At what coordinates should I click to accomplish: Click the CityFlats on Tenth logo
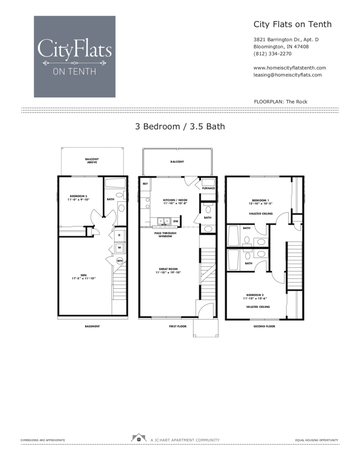coord(74,57)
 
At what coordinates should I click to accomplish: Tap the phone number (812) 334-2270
coord(272,54)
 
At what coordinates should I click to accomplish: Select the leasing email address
coord(287,75)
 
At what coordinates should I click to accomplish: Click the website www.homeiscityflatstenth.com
coord(289,68)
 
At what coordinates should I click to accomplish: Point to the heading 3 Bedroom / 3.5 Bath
coord(180,126)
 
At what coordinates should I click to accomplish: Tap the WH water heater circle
coord(120,261)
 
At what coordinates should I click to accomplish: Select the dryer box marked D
coord(119,235)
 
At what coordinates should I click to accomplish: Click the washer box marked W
coord(119,248)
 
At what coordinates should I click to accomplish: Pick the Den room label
coord(83,275)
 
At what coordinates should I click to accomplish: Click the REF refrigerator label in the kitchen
coord(145,184)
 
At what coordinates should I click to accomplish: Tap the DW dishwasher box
coord(176,221)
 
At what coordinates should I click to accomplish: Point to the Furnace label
coord(208,188)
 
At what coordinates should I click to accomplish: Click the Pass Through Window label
coord(165,235)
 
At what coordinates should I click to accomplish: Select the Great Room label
coord(168,269)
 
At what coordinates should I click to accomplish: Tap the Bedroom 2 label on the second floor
coord(255,295)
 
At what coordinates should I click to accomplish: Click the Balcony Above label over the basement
coord(92,161)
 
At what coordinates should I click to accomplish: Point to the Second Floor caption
coord(264,326)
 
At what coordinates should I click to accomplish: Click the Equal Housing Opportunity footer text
coord(316,440)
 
